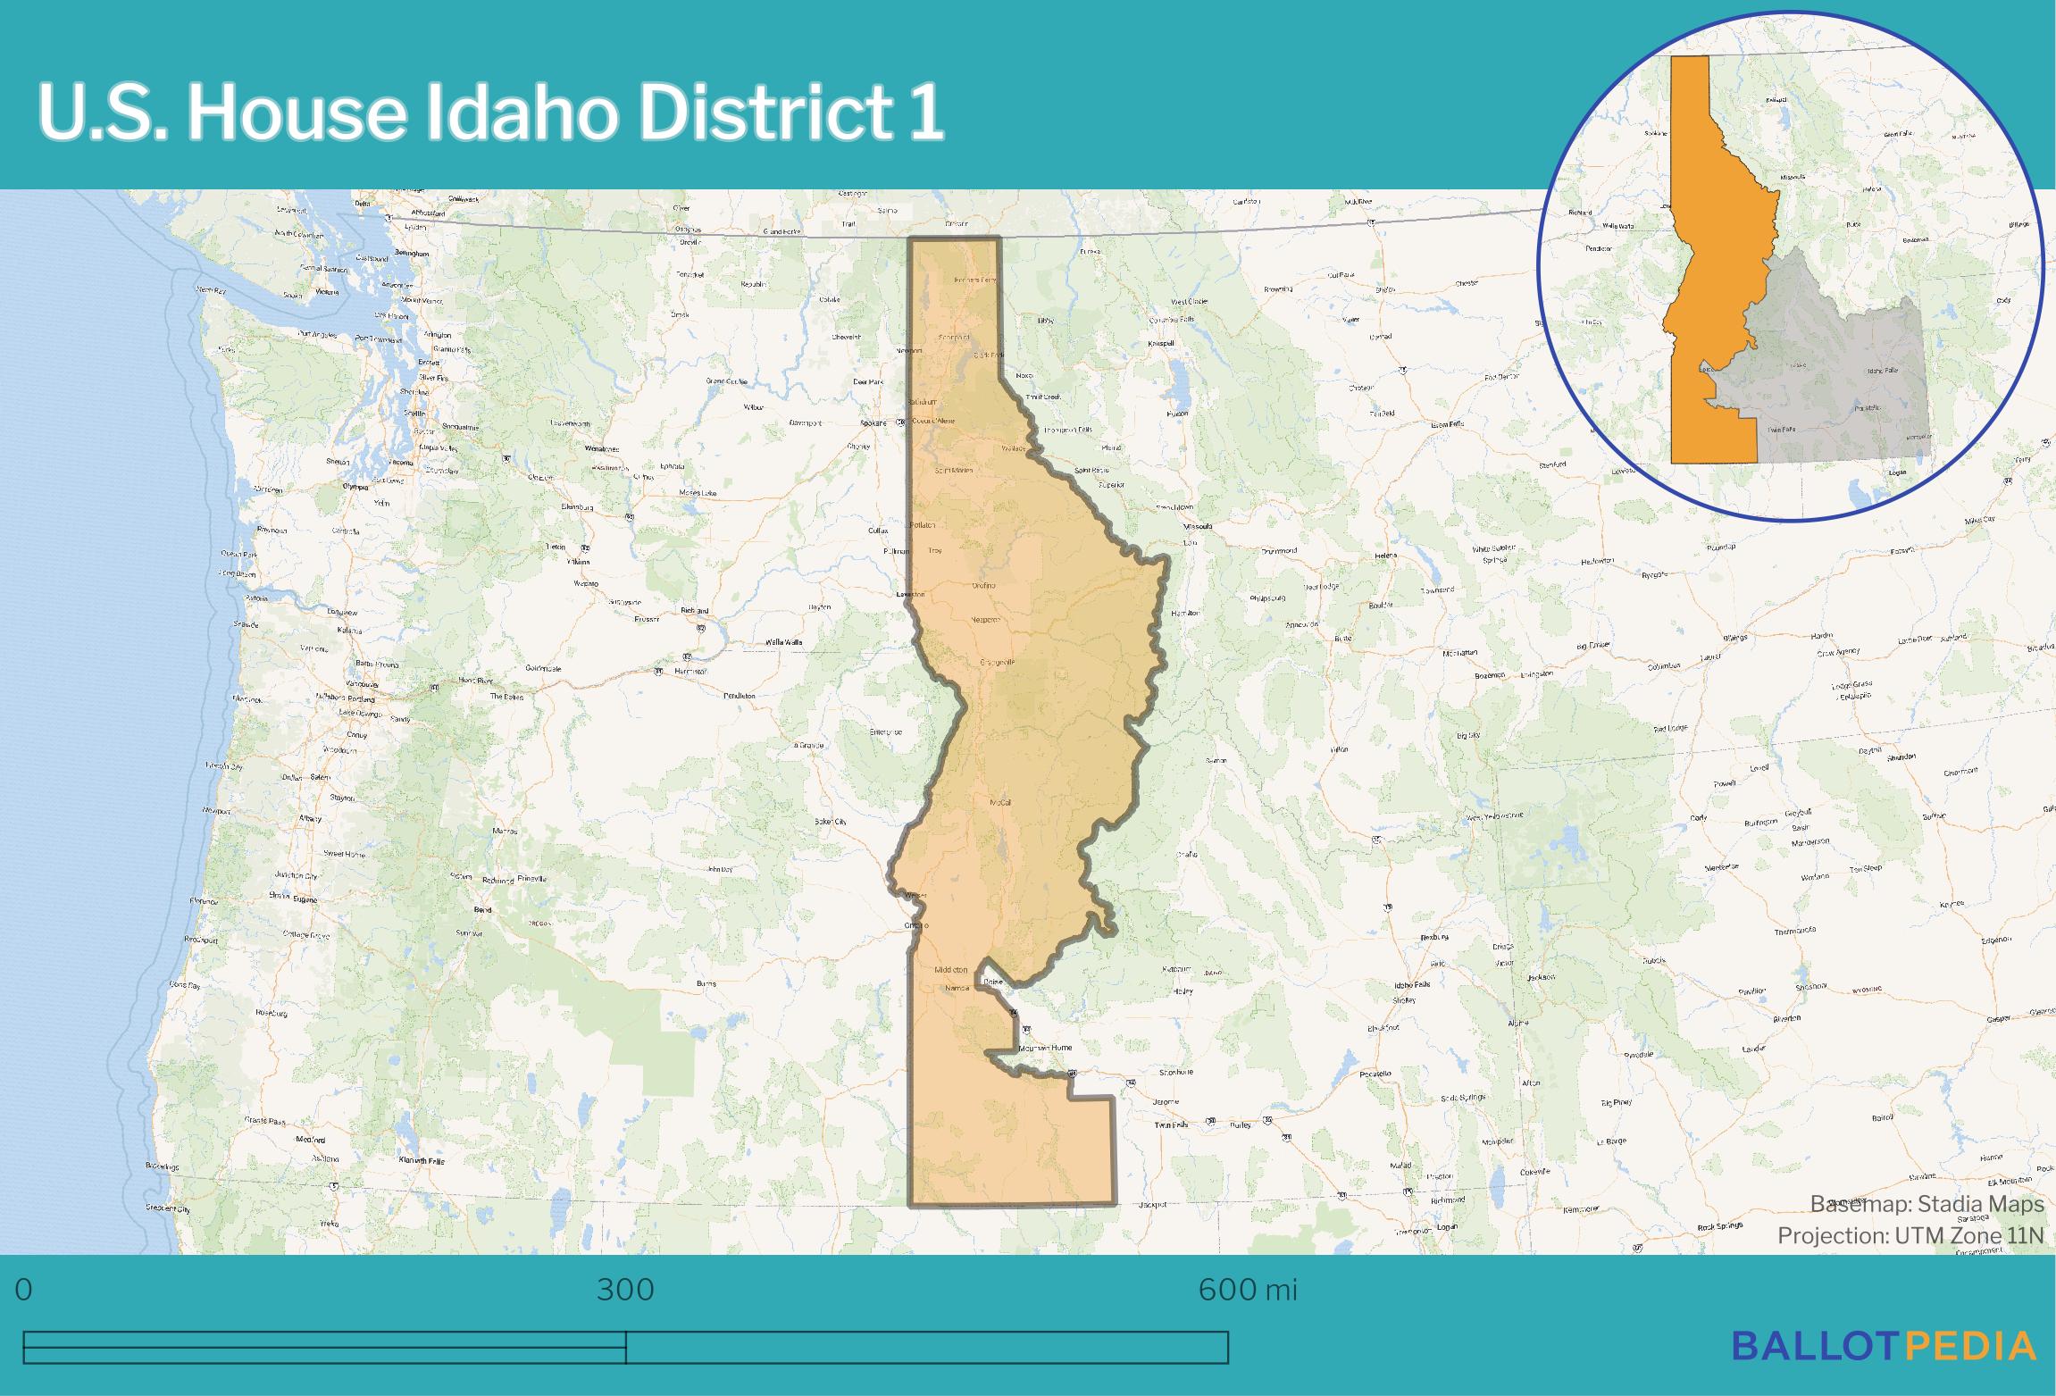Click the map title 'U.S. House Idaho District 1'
490,113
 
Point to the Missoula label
1199,527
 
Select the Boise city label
992,982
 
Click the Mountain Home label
1045,1048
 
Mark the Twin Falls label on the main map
1171,1125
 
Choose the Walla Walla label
783,642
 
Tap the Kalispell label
1161,343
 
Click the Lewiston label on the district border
911,594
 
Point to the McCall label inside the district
1000,803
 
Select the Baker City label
830,821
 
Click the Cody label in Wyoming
1698,817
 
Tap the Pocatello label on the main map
1375,1074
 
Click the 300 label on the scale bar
625,1290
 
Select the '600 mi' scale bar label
1247,1290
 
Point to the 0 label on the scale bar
24,1290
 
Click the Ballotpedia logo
1884,1346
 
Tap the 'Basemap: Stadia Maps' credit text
1926,1204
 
